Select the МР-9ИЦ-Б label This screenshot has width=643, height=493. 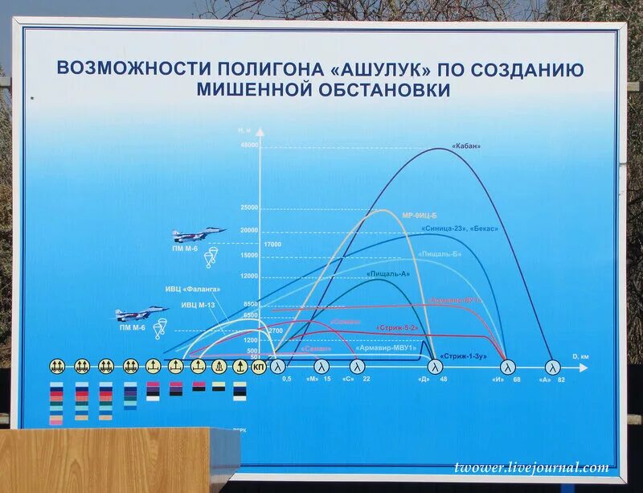pos(419,216)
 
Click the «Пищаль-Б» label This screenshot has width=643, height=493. pos(440,254)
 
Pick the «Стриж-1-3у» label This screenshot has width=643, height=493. pos(465,354)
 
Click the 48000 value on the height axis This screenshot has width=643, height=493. pos(248,145)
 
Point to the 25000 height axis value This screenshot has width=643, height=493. pos(248,207)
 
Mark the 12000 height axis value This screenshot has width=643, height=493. pos(248,276)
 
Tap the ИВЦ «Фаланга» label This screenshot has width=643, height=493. pos(193,290)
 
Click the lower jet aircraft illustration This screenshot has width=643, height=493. pos(141,313)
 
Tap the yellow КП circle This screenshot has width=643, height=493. pos(259,367)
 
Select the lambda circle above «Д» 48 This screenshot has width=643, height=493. pos(435,367)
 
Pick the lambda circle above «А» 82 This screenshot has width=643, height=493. pos(552,367)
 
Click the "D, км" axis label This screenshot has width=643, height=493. pos(580,356)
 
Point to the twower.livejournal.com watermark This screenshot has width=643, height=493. pos(530,468)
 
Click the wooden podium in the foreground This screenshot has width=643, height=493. pos(113,460)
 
